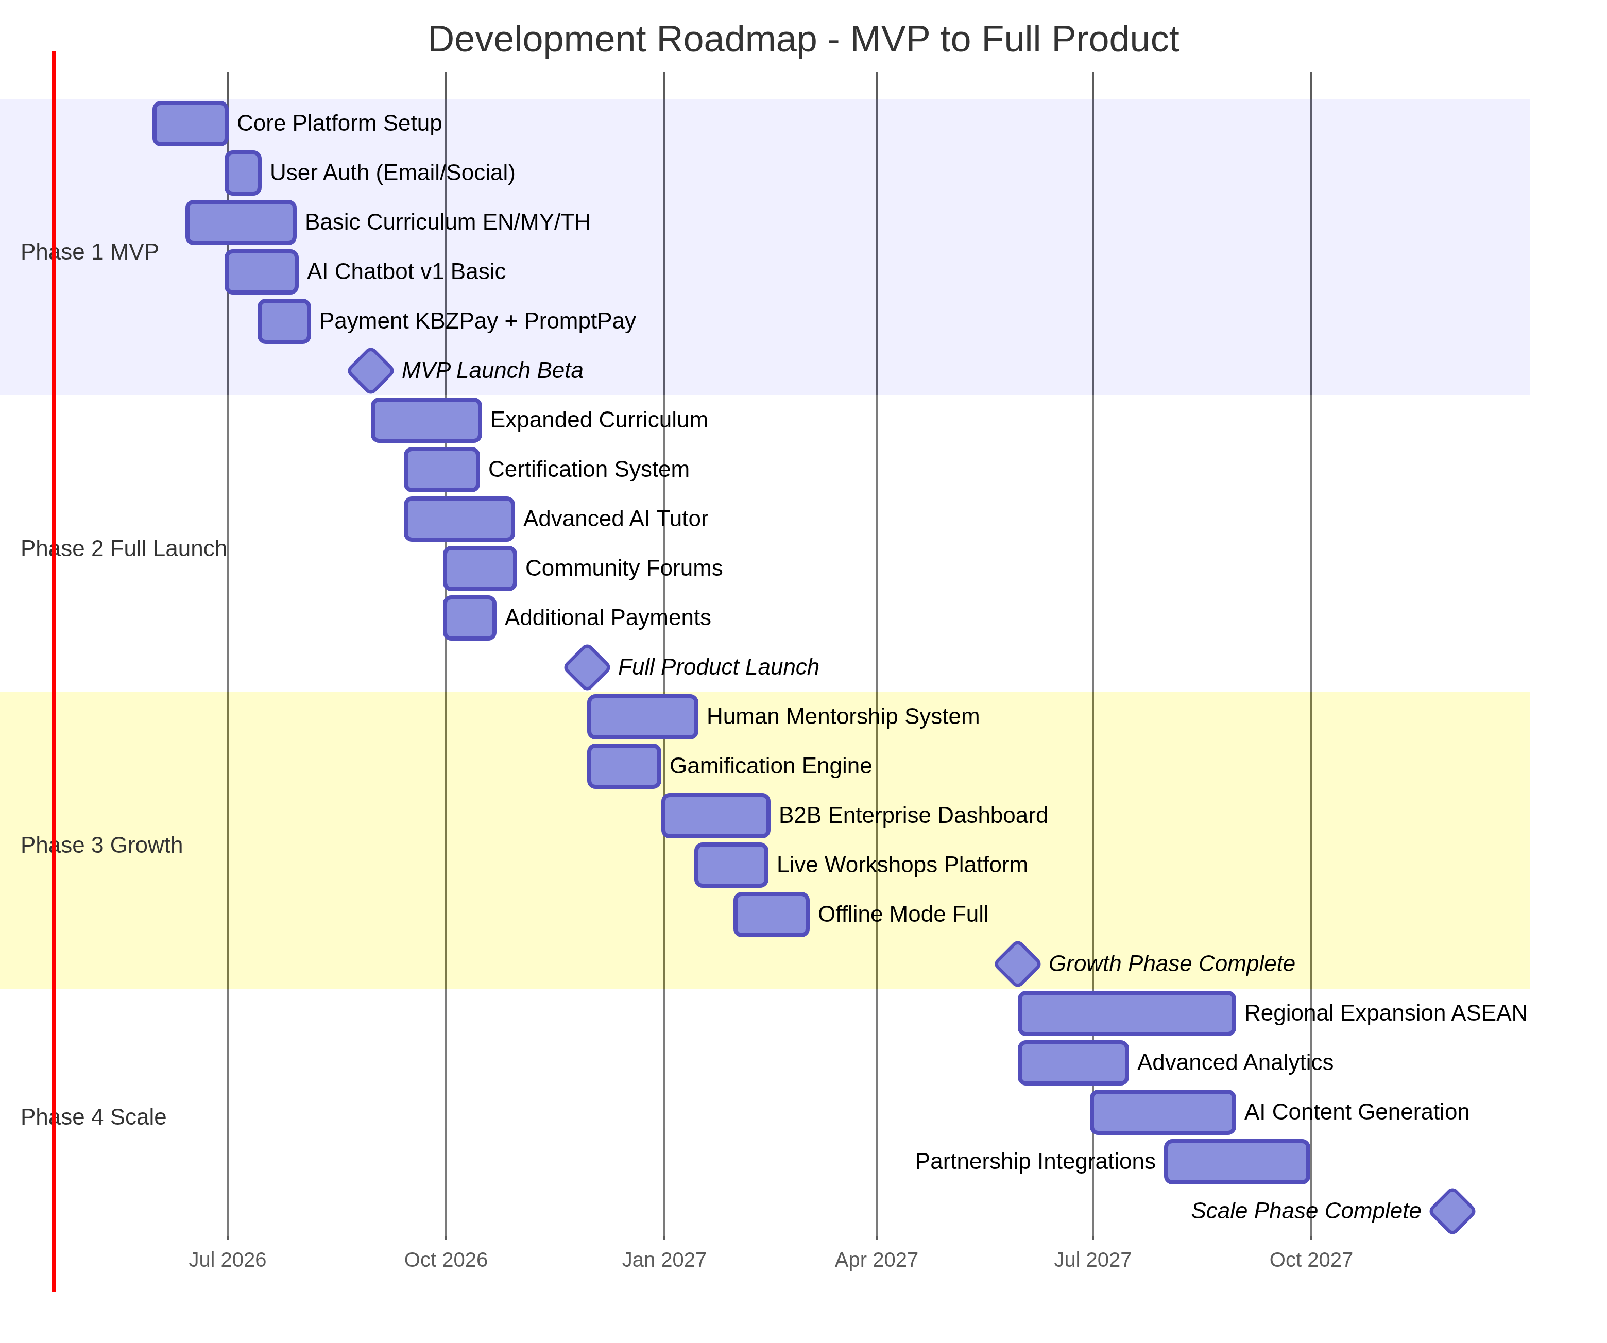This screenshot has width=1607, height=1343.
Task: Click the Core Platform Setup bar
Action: (190, 123)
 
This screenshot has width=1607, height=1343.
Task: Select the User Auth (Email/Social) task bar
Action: (243, 173)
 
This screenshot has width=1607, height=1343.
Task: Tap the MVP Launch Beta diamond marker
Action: (370, 370)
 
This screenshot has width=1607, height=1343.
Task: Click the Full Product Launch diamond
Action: (587, 667)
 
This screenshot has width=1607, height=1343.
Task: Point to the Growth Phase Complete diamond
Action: (1017, 963)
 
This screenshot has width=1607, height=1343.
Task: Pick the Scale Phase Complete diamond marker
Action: (1451, 1211)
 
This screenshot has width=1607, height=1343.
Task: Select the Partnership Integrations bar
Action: (1237, 1162)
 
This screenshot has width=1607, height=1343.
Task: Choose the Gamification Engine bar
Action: (624, 766)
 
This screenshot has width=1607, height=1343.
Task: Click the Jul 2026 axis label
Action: (227, 1260)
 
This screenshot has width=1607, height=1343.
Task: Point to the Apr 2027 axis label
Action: (876, 1260)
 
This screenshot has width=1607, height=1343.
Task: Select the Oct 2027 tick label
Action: (1310, 1260)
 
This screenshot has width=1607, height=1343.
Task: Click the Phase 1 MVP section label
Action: (90, 252)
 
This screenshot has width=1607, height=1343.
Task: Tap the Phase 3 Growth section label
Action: (102, 845)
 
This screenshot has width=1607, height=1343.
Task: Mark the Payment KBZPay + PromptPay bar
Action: (284, 321)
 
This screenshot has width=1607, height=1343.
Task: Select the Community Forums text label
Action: (624, 568)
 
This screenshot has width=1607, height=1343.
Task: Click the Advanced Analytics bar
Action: (1073, 1063)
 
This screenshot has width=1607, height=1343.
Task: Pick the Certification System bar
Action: (441, 470)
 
